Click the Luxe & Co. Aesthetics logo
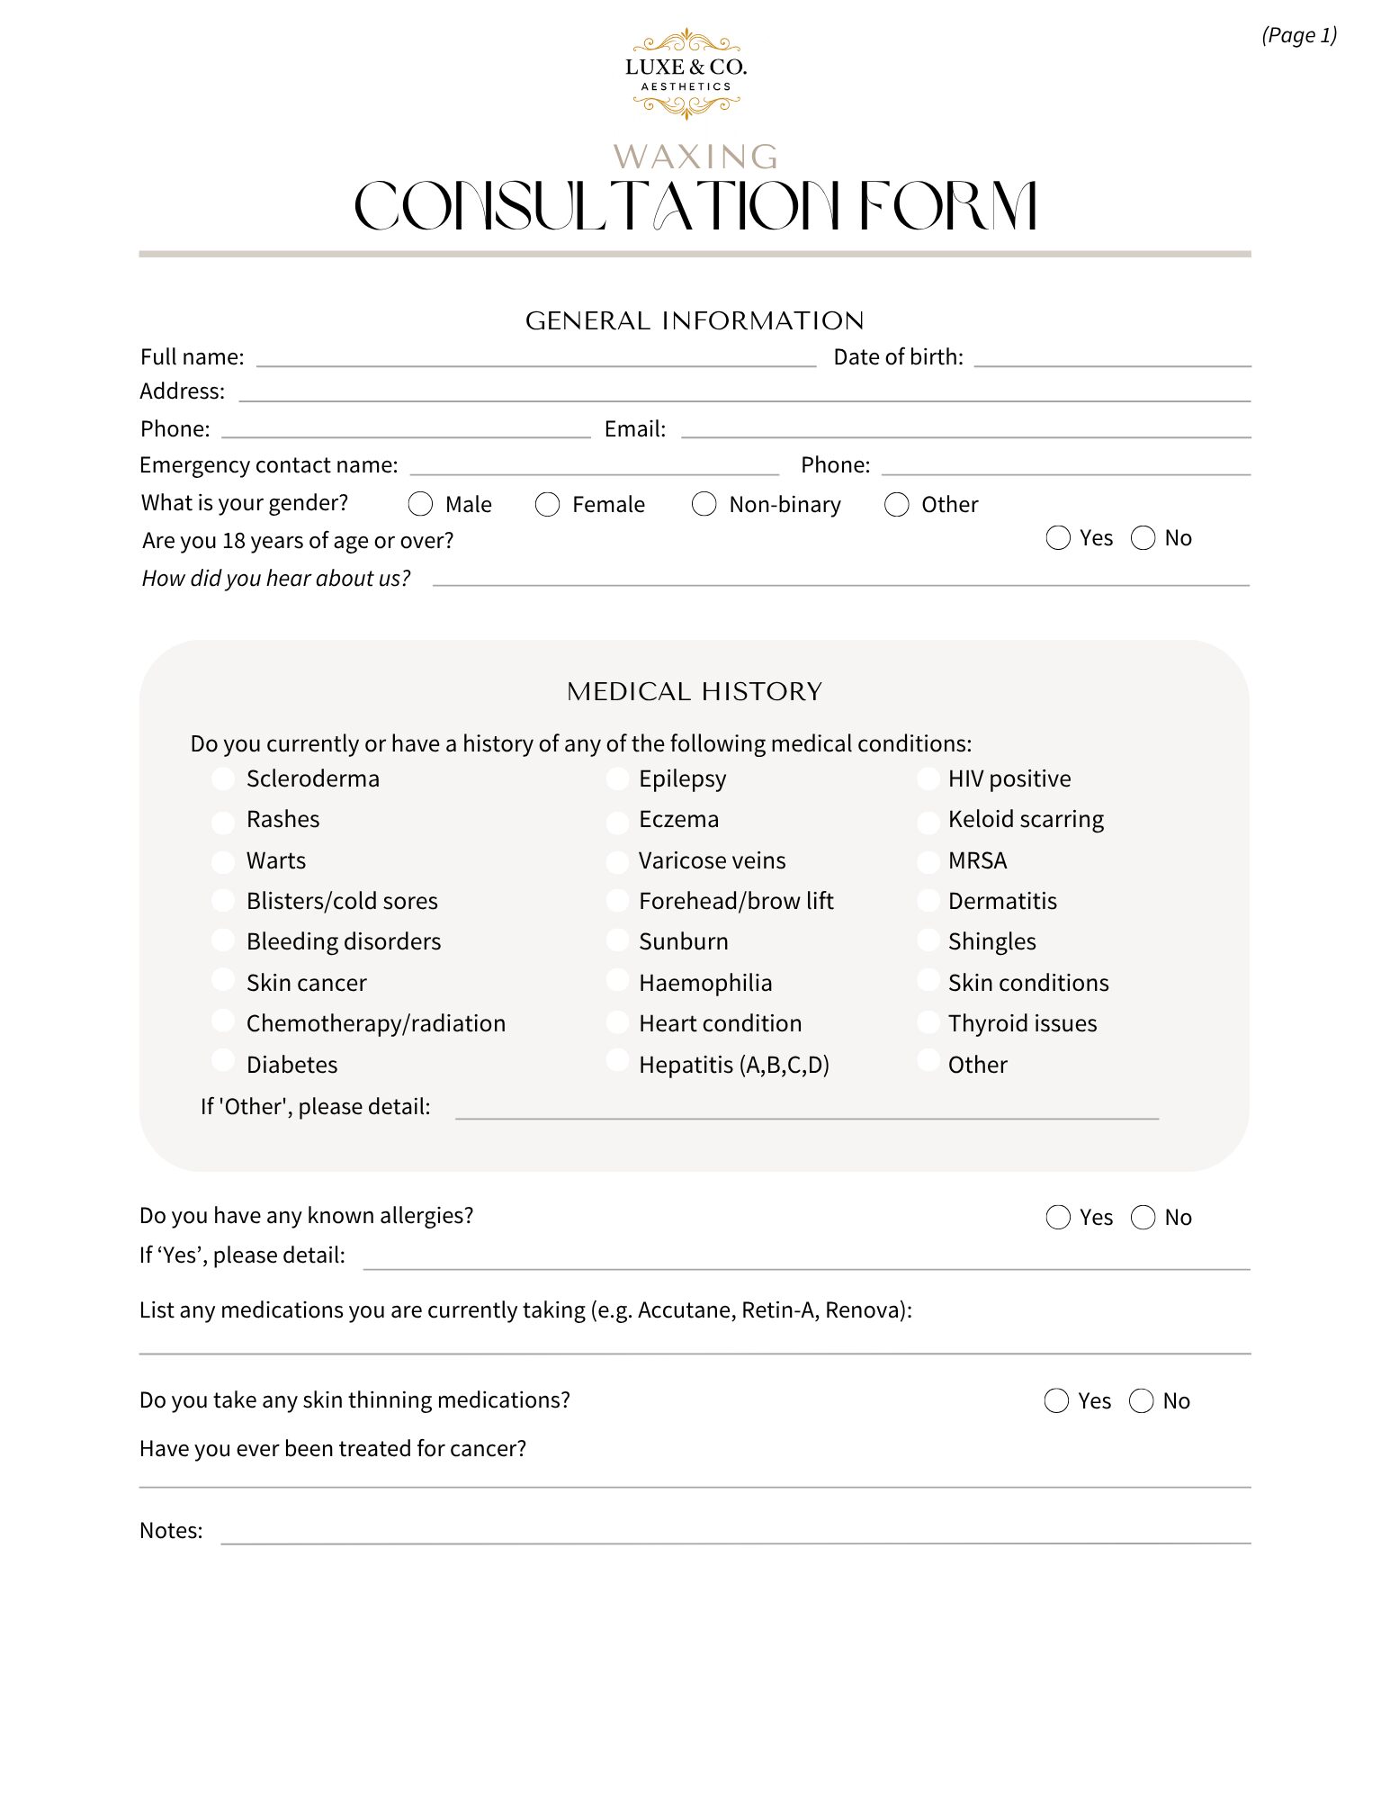click(x=686, y=75)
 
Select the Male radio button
click(x=420, y=504)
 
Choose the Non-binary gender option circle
click(x=704, y=504)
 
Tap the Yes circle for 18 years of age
click(x=1058, y=538)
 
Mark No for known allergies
click(x=1143, y=1218)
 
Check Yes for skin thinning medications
click(x=1056, y=1401)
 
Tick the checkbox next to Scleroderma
click(x=223, y=779)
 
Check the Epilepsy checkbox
click(x=617, y=779)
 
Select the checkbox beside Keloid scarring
click(x=928, y=821)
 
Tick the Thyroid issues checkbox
click(x=928, y=1023)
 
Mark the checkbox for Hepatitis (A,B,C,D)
click(x=617, y=1061)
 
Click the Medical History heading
click(x=695, y=691)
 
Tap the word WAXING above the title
click(x=695, y=157)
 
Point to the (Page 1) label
click(x=1299, y=35)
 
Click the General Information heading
click(x=695, y=320)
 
